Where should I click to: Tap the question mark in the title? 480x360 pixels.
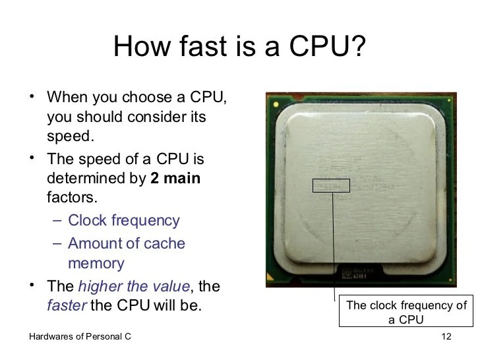[357, 47]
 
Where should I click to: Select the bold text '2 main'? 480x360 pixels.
[175, 178]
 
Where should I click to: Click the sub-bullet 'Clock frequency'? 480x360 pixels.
[124, 220]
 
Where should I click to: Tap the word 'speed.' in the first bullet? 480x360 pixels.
[71, 137]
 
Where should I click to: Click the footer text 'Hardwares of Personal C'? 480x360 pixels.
[80, 338]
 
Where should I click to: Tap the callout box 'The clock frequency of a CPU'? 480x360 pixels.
[406, 313]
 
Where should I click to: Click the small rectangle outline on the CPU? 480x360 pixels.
[331, 185]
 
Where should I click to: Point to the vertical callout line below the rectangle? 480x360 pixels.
[334, 244]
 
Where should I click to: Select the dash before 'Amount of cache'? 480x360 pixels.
[56, 243]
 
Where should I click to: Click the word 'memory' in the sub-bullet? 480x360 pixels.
[96, 264]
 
